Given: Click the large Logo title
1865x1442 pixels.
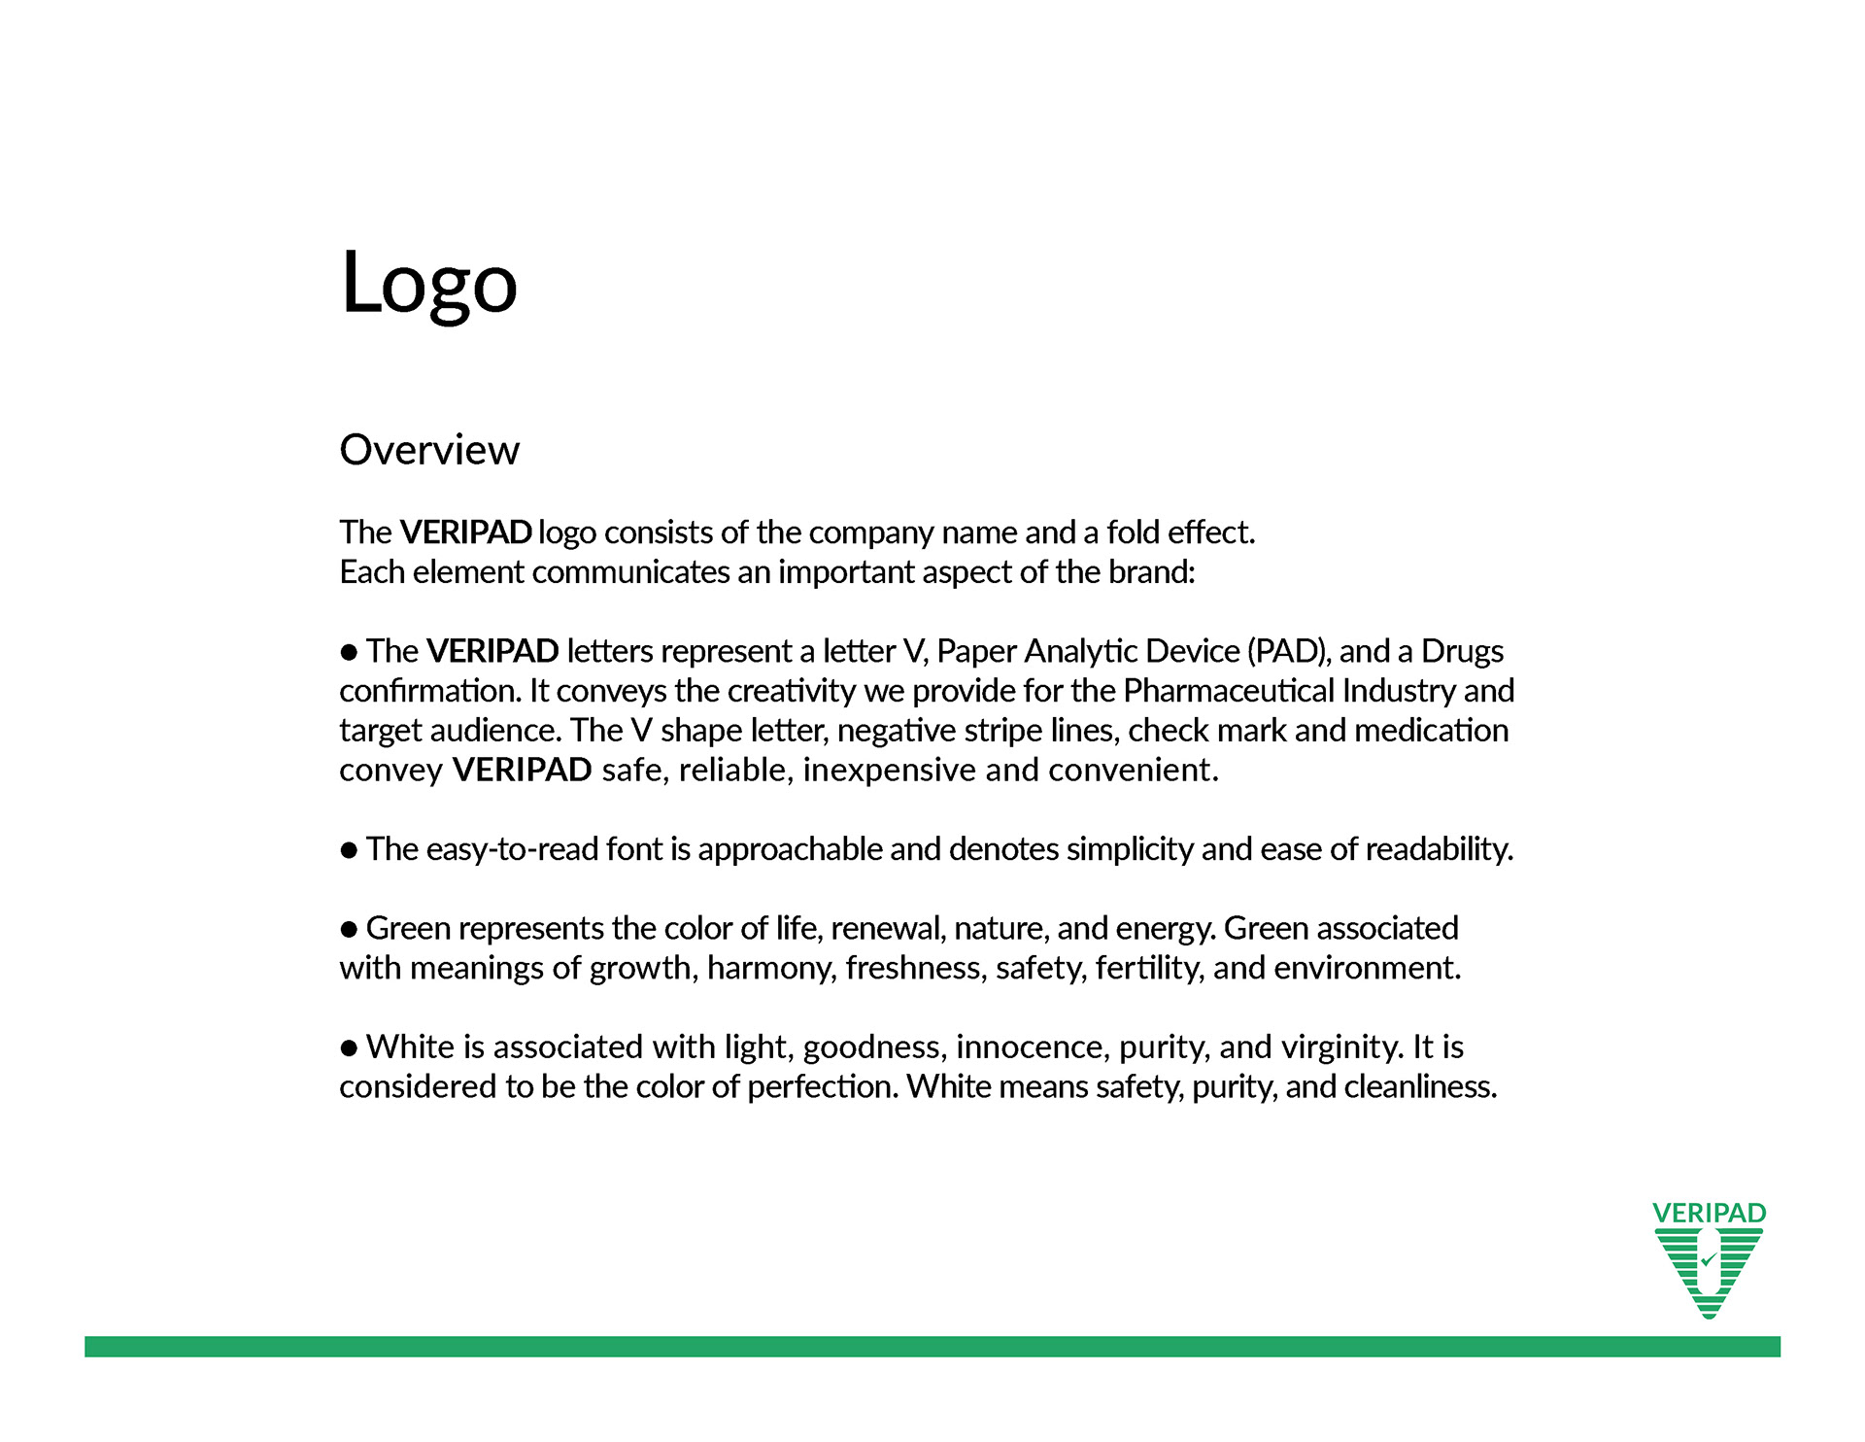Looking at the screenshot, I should (x=428, y=283).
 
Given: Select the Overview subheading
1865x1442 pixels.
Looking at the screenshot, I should (x=429, y=450).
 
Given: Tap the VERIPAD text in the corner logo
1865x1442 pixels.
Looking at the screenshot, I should (x=1709, y=1213).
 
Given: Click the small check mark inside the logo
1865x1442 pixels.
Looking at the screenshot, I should (x=1709, y=1260).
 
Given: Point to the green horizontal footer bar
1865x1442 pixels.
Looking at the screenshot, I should (x=932, y=1346).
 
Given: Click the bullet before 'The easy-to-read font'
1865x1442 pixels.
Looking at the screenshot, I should (x=350, y=850).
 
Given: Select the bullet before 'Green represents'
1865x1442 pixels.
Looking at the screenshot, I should (x=350, y=930).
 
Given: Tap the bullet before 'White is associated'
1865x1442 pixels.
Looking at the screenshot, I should (x=350, y=1048).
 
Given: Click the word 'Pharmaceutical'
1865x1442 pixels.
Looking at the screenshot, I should (x=1229, y=691).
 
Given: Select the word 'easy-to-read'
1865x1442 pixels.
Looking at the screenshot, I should (x=512, y=849).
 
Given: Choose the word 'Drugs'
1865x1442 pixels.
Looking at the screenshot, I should (x=1462, y=651).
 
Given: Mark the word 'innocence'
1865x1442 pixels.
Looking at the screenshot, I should (x=1033, y=1047).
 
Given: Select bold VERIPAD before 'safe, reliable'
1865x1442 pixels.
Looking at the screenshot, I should (x=522, y=771).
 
